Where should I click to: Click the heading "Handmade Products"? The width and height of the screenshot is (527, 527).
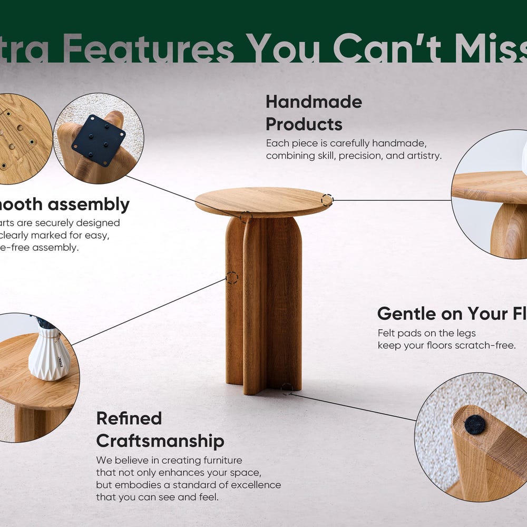tap(314, 113)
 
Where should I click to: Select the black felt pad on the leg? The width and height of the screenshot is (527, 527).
tap(475, 424)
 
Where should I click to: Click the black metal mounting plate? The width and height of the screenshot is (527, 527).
tap(98, 140)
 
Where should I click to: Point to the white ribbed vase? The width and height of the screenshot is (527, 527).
tap(49, 353)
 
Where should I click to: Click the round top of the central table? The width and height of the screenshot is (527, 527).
tap(263, 201)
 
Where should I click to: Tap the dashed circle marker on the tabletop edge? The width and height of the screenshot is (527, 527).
tap(327, 200)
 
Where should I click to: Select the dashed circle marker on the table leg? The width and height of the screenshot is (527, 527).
tap(232, 278)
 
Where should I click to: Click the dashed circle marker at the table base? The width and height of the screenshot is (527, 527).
tap(287, 389)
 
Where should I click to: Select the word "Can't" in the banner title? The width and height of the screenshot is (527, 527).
tap(387, 49)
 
